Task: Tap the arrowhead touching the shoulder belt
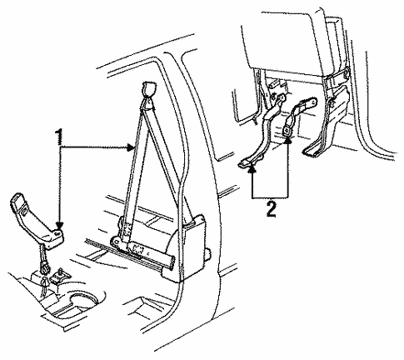point(132,147)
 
